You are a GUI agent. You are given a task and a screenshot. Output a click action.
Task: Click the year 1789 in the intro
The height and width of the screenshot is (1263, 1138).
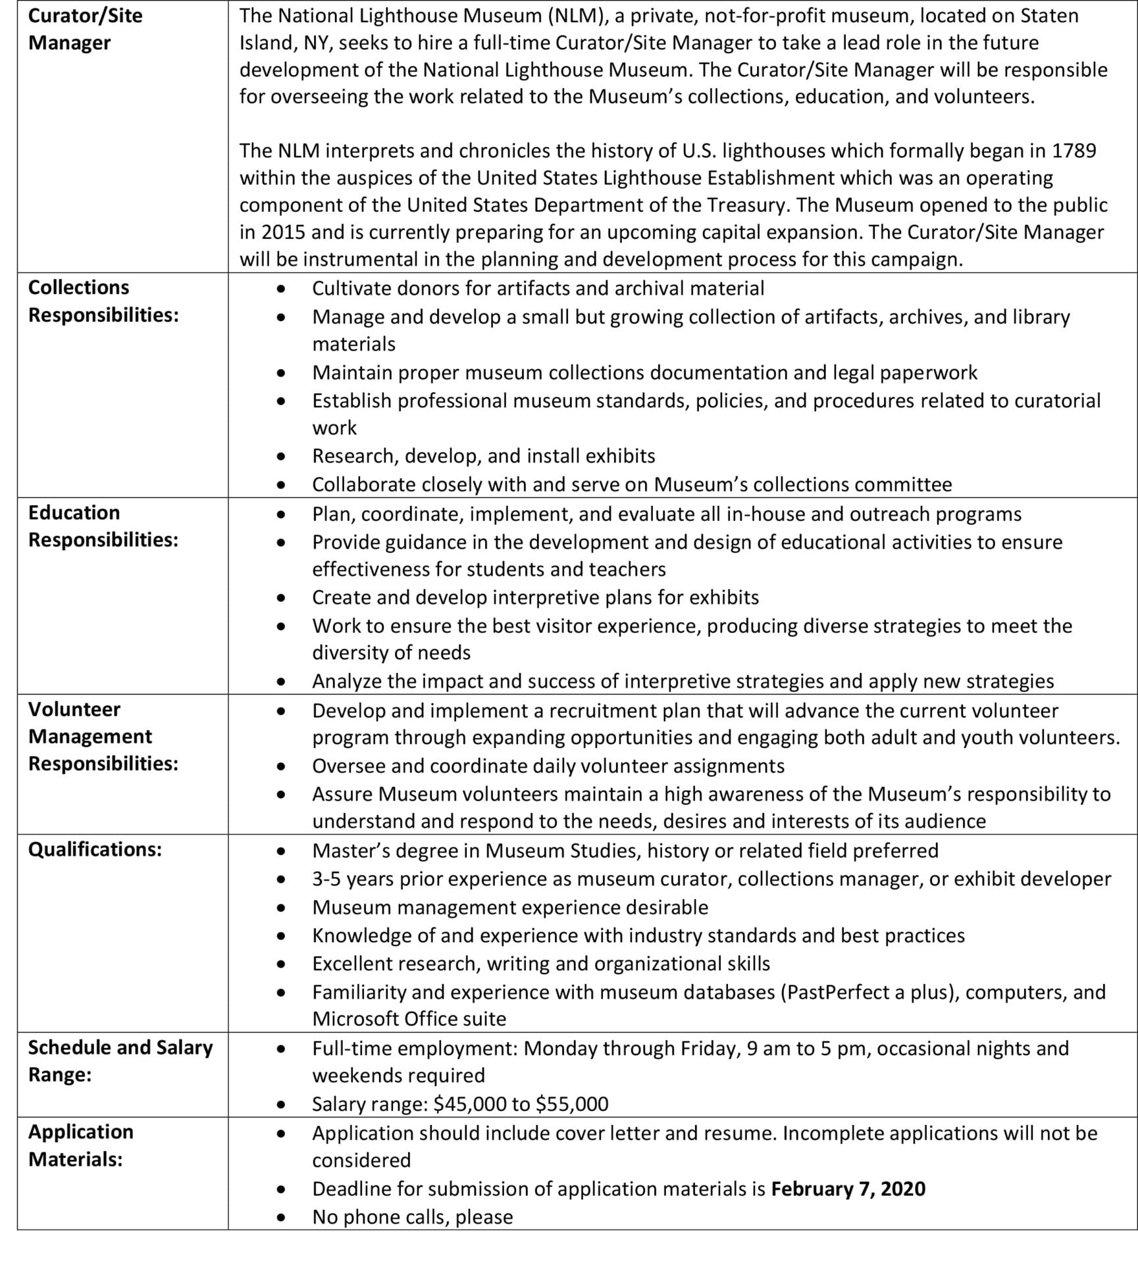click(1073, 151)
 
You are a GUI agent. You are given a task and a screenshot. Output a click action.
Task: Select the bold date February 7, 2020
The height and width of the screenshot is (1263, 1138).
click(848, 1189)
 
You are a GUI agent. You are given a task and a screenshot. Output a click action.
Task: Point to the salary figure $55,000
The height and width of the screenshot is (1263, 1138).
click(572, 1104)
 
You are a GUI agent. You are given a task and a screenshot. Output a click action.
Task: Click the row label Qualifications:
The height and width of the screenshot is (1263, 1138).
click(95, 849)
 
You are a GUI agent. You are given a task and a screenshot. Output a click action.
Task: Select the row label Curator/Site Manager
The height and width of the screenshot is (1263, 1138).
click(85, 29)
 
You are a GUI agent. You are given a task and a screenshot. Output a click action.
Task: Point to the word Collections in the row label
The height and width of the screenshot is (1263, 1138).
click(78, 287)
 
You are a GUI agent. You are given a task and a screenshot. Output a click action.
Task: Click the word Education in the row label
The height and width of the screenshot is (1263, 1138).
click(74, 512)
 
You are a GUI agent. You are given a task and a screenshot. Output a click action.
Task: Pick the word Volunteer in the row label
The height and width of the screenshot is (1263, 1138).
click(74, 709)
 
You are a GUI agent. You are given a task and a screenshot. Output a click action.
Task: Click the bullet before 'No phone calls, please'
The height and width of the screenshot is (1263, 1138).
click(281, 1218)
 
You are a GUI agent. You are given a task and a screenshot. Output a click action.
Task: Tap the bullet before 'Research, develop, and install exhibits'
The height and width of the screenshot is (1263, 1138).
click(281, 456)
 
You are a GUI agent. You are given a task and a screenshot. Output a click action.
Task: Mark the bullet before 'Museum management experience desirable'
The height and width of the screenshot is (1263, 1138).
click(281, 908)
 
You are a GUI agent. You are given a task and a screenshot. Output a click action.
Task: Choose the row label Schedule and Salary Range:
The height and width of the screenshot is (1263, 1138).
click(120, 1060)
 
